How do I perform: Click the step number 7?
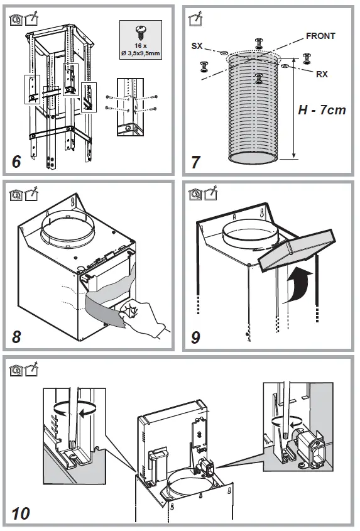coord(195,162)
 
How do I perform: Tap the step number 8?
coord(16,336)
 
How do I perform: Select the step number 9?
coord(195,337)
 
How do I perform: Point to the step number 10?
coord(20,513)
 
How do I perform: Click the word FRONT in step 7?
coord(320,36)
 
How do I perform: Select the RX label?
coord(322,74)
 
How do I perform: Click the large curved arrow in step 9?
coord(297,280)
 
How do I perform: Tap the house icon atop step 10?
coord(14,366)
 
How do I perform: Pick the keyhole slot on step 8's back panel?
coord(75,201)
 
